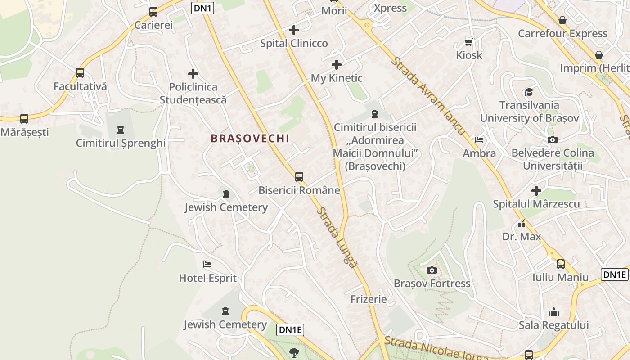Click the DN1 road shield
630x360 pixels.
point(202,8)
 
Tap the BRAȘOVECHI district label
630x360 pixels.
point(250,139)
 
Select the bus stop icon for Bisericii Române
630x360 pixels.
point(299,177)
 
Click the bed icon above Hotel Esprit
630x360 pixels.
point(207,265)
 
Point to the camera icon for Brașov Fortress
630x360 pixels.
point(432,270)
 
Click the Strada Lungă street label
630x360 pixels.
point(337,237)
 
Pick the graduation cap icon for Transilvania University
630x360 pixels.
point(529,92)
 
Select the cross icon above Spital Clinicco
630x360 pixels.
point(294,30)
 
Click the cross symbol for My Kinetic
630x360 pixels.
point(336,65)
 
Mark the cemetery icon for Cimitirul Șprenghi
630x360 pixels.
point(121,130)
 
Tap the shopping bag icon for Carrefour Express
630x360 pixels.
point(562,20)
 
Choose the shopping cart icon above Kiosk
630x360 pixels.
point(469,42)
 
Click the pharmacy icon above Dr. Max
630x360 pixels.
point(522,223)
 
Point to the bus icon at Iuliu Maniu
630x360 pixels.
point(561,264)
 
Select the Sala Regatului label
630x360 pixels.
point(553,325)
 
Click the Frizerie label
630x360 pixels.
point(369,299)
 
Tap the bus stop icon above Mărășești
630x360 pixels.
point(24,119)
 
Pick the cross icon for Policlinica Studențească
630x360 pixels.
point(193,74)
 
